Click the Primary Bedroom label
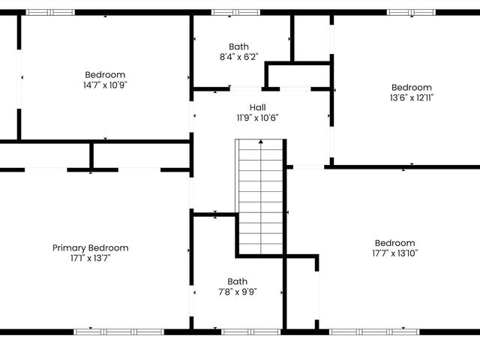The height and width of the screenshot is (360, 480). click(90, 248)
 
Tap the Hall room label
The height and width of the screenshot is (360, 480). click(257, 107)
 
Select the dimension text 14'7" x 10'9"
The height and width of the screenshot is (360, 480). click(105, 85)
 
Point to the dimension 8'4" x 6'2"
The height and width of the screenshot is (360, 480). click(238, 57)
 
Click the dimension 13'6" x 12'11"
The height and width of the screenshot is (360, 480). click(412, 97)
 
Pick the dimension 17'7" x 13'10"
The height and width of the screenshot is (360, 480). click(395, 253)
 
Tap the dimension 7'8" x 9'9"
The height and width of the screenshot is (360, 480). click(237, 292)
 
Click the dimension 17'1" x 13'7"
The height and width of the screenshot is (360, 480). click(90, 258)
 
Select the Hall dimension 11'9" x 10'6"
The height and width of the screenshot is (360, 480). click(257, 118)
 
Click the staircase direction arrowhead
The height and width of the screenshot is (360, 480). click(261, 142)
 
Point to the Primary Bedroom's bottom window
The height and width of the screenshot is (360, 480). click(118, 331)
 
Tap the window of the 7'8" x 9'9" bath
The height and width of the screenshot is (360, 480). click(250, 331)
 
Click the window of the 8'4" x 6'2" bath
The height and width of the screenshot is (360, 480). click(235, 13)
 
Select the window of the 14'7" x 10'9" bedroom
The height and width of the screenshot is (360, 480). click(50, 13)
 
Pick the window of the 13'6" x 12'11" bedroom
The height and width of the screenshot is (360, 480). click(411, 13)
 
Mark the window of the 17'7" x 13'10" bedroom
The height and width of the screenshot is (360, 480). click(374, 331)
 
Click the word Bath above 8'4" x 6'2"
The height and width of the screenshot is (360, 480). click(238, 46)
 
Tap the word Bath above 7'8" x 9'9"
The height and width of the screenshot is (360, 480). click(237, 282)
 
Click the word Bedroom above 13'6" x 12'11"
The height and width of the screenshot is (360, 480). click(412, 88)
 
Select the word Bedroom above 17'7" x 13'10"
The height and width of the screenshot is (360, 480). click(395, 243)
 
